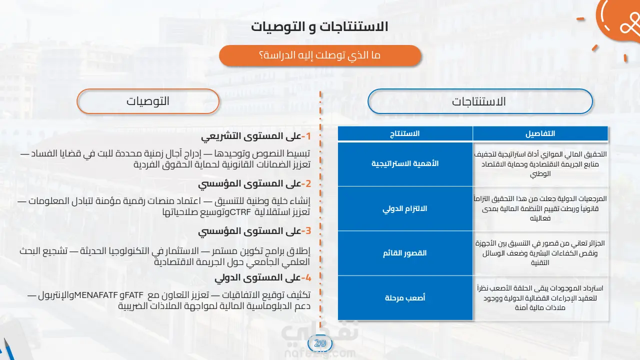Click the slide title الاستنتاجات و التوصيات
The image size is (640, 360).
319,27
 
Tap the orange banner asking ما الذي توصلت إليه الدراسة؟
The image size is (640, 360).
320,55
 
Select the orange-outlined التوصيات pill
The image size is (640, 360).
148,101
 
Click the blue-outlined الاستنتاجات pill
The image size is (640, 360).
480,101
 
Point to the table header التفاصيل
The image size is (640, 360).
540,133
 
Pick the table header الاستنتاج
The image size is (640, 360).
405,133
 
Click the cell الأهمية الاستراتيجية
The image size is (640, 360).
405,163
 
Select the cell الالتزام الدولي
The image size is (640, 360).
405,208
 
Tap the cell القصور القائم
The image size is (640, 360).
405,253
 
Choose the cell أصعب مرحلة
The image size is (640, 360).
405,297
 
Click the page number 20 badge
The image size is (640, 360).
320,343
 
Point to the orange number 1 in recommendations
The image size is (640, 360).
308,136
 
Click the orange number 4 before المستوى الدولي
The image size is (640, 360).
308,277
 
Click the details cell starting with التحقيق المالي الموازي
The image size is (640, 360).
540,164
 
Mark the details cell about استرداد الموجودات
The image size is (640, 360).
540,297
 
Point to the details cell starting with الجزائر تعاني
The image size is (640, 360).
540,253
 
